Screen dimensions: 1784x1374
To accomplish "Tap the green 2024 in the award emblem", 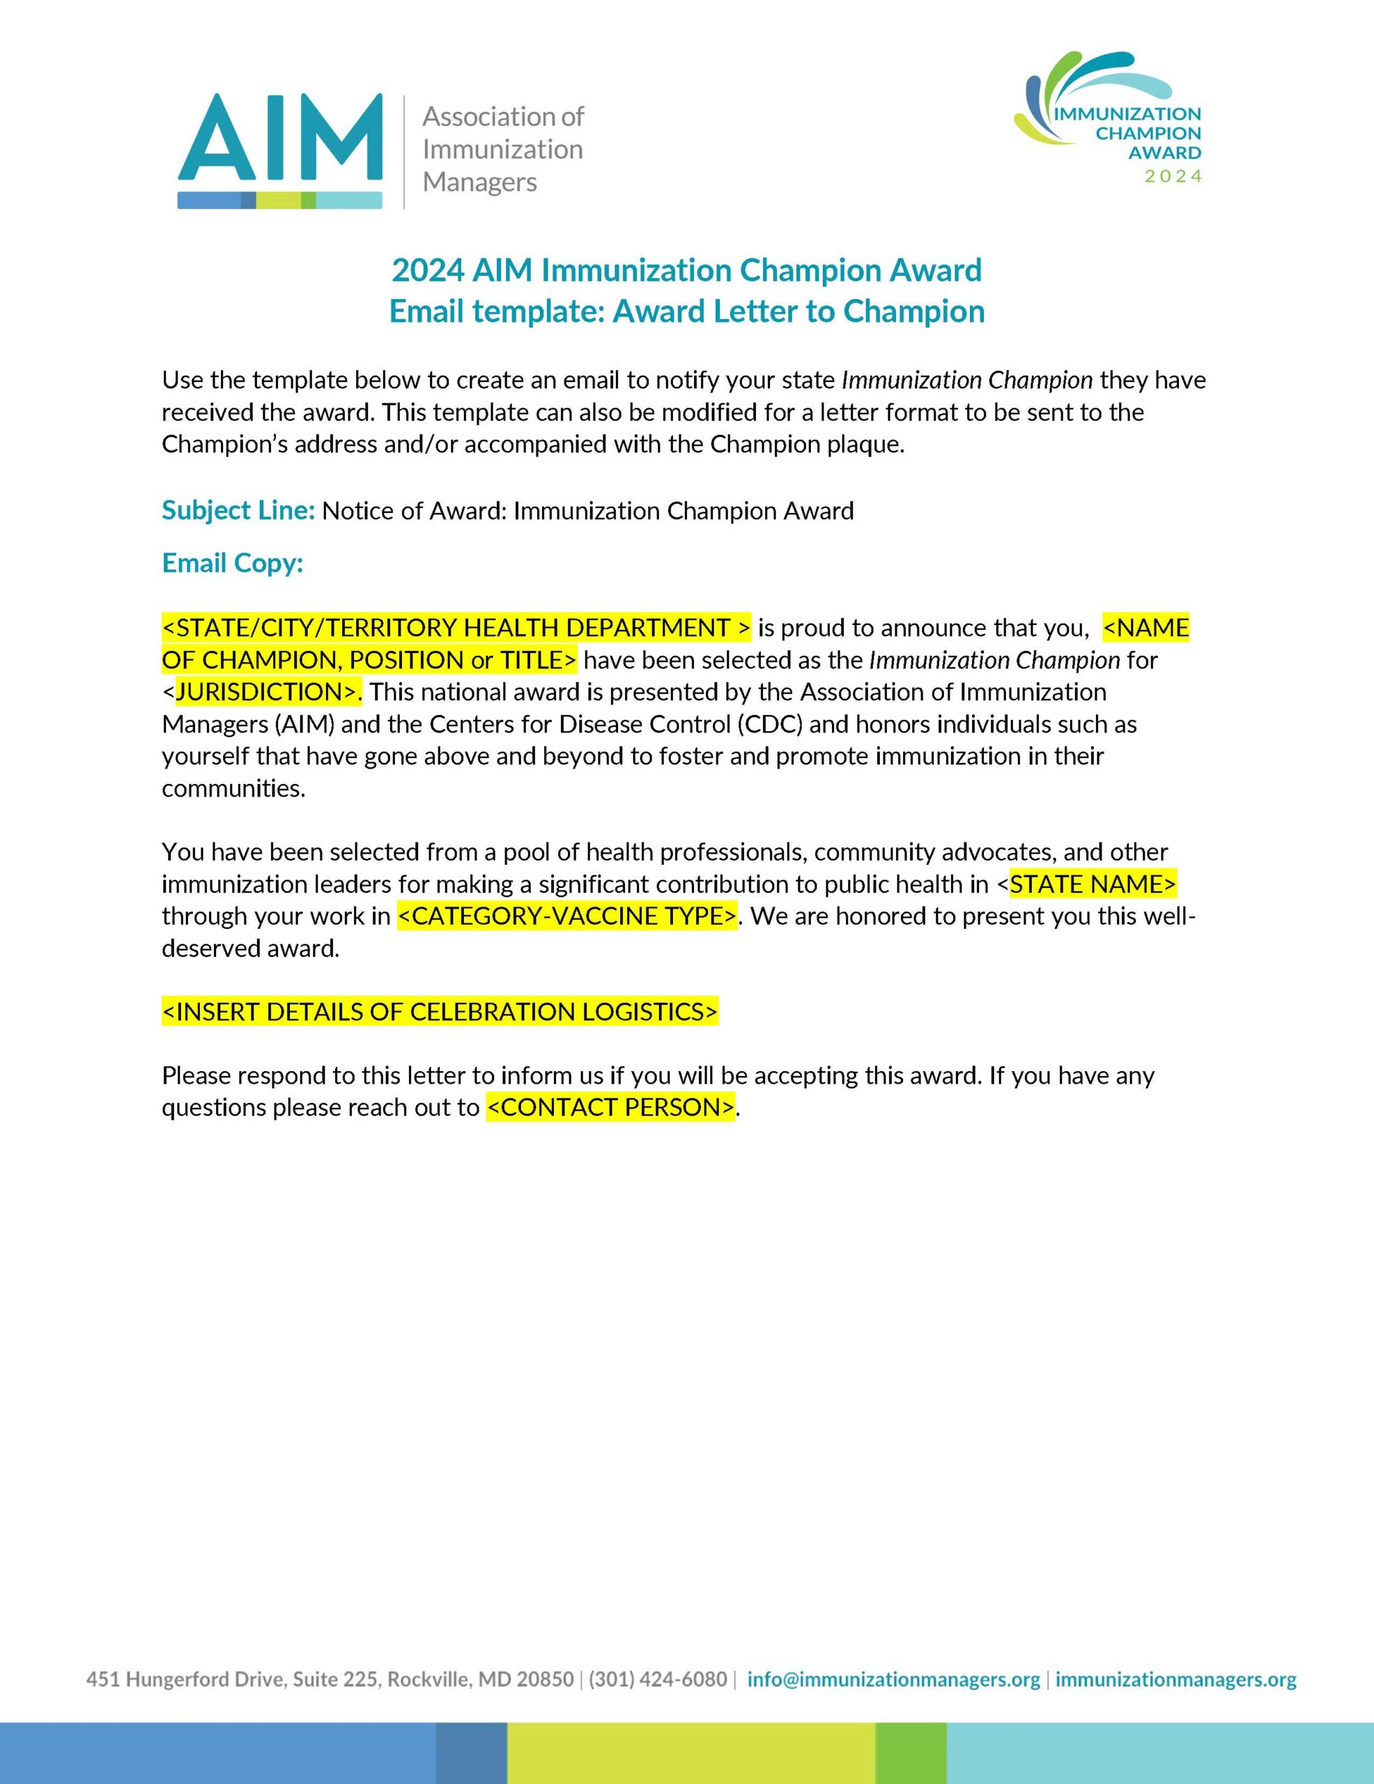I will [1173, 176].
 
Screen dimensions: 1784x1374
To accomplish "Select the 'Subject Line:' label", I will [238, 511].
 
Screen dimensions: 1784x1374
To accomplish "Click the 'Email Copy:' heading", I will [232, 563].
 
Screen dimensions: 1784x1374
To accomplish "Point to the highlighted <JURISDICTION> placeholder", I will [267, 692].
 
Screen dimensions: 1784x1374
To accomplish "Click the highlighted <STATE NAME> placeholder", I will [1093, 884].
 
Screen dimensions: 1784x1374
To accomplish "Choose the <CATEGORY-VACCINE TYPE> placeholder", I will [567, 916].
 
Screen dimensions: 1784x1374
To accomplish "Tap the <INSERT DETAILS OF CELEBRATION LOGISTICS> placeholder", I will [440, 1011].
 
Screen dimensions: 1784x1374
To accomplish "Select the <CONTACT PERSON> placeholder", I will [610, 1107].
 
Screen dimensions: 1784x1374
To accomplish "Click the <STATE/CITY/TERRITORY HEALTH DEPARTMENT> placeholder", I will [456, 627].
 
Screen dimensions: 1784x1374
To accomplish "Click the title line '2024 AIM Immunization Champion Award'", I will [686, 270].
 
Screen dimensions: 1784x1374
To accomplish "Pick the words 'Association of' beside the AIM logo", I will [502, 117].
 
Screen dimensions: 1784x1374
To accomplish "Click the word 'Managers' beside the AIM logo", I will [479, 182].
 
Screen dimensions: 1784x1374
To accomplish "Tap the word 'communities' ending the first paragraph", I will [232, 788].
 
